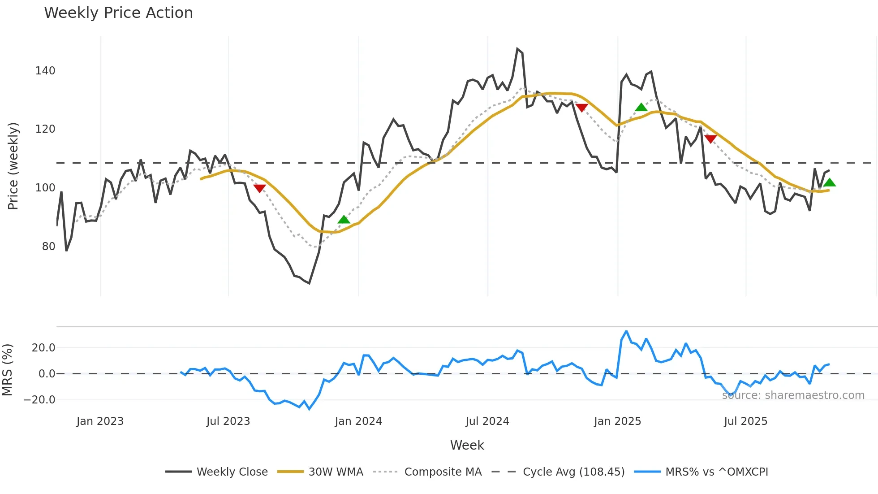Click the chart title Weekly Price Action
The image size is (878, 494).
point(118,13)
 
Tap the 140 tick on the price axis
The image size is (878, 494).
point(45,71)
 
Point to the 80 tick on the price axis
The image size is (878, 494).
point(48,247)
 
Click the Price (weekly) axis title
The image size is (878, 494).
point(13,166)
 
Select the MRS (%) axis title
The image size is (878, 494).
point(8,370)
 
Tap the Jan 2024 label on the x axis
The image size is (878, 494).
point(358,421)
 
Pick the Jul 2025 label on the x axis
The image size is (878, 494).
point(745,421)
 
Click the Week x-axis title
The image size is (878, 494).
point(467,445)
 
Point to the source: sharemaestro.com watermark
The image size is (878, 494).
point(793,395)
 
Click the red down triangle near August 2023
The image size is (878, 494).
point(259,188)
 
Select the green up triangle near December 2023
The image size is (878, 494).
point(344,220)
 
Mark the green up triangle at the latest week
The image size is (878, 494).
point(829,182)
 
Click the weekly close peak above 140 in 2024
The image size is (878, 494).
point(517,49)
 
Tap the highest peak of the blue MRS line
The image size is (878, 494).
point(626,332)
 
